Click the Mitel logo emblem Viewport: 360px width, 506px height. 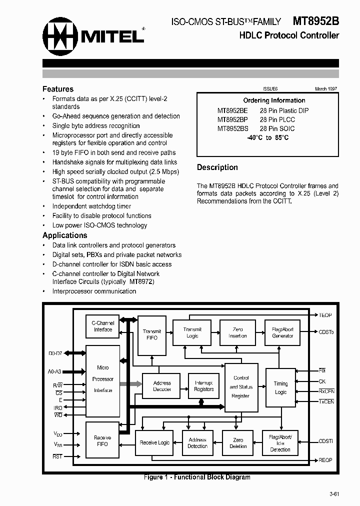coord(59,35)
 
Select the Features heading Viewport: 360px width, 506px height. coord(58,89)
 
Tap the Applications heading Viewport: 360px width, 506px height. coord(65,235)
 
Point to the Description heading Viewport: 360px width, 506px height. coord(217,167)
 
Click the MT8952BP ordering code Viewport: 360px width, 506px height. coord(232,119)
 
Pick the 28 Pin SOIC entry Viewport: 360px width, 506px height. coord(277,128)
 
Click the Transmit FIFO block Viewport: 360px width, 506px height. coord(151,334)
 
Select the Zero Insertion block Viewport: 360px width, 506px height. coord(237,332)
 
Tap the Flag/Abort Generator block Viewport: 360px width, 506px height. coord(282,332)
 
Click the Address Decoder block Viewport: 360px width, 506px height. coord(161,386)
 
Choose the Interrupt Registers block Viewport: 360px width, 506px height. coord(203,386)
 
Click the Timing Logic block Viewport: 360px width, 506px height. coord(280,388)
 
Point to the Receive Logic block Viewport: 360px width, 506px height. coord(154,442)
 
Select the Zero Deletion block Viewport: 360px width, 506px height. coord(237,442)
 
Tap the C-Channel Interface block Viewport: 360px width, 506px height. coord(103,326)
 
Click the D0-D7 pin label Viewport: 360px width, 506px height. coord(55,353)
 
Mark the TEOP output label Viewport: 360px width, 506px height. coord(325,315)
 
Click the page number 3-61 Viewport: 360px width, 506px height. coord(334,494)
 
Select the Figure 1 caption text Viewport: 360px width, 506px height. coord(197,477)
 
